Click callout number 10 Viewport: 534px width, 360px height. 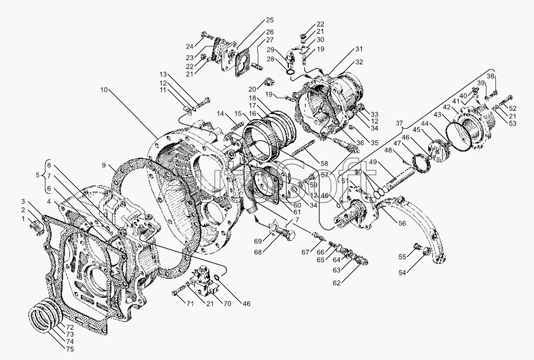click(104, 90)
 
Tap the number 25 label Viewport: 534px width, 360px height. click(269, 21)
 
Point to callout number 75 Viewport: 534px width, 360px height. click(69, 349)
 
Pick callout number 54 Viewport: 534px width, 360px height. click(403, 272)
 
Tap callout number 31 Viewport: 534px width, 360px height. click(359, 49)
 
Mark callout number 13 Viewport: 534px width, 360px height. click(163, 75)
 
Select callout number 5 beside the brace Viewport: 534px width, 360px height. click(38, 175)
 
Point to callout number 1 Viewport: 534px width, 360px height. click(23, 219)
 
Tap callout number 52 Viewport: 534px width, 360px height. click(513, 109)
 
